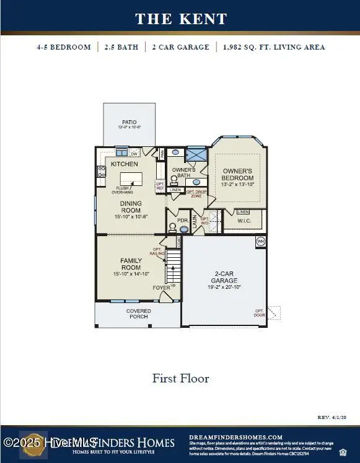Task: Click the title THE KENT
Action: click(181, 19)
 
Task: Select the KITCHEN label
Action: click(124, 164)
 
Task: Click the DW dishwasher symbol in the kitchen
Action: click(134, 152)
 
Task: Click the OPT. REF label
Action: click(160, 185)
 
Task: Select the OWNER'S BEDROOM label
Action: click(237, 174)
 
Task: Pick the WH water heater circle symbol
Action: click(261, 241)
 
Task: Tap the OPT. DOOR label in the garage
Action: click(258, 314)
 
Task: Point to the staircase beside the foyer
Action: click(173, 267)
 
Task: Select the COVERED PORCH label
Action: click(138, 314)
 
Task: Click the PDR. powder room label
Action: click(182, 219)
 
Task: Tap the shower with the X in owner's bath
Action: click(197, 153)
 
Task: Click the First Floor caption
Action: click(180, 378)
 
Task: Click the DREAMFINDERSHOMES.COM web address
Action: click(235, 437)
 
